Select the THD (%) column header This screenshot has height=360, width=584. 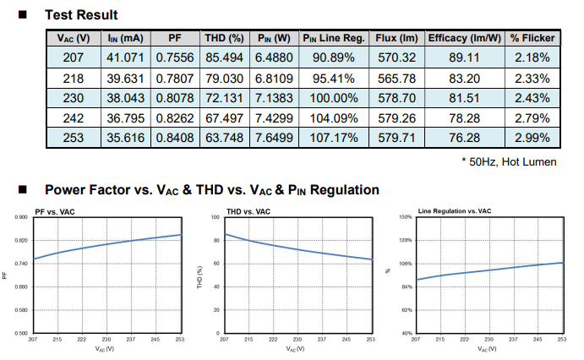coord(225,38)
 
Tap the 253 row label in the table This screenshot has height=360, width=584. coord(74,137)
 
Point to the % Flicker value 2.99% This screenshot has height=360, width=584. coord(532,137)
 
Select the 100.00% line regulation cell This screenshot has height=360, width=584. coord(333,97)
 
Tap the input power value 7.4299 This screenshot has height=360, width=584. coord(274,117)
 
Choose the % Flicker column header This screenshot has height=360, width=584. coord(532,38)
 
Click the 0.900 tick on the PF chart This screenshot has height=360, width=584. coord(20,217)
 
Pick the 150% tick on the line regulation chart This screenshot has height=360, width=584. coord(405,217)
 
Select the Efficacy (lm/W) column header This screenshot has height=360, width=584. coord(465,38)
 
